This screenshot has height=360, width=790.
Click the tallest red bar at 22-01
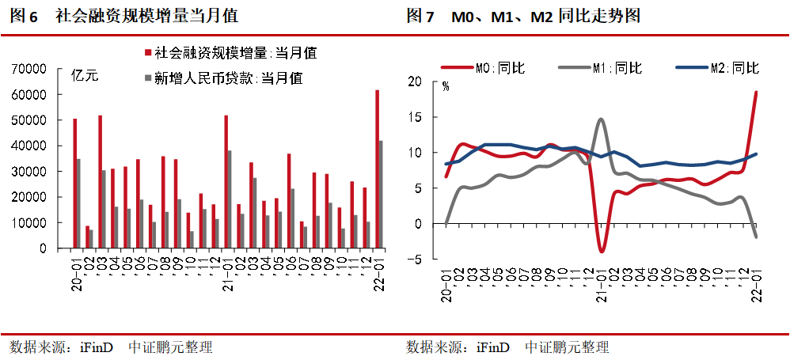tap(377, 169)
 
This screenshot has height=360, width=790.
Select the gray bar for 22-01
tap(382, 195)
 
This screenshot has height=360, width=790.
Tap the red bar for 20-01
tap(74, 184)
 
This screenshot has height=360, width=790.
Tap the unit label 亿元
tap(85, 77)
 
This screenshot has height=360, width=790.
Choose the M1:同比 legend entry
tap(614, 68)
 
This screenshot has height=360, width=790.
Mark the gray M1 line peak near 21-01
tap(601, 119)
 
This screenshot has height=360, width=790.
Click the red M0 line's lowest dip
tap(602, 252)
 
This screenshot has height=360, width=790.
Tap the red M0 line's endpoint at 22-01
tap(756, 93)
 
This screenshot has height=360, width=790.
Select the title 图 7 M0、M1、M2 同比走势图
tap(523, 16)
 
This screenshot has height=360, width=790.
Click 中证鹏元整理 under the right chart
tap(568, 347)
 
